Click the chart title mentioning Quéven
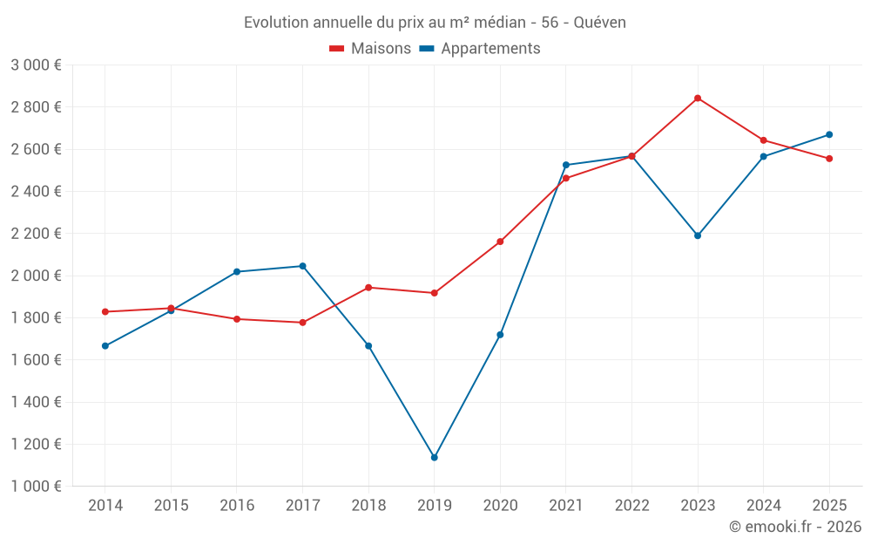click(435, 22)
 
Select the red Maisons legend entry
click(370, 49)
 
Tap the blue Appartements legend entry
click(480, 49)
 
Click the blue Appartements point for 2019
click(434, 458)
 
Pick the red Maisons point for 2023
click(698, 99)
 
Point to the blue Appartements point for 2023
click(698, 235)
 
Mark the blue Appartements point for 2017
click(302, 266)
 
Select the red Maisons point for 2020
click(500, 242)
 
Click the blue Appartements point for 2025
click(829, 134)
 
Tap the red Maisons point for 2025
click(829, 159)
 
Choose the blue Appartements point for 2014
click(105, 346)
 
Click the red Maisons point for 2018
click(368, 288)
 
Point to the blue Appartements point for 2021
click(566, 165)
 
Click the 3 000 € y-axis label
click(36, 65)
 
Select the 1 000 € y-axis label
click(36, 487)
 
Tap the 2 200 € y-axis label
click(36, 234)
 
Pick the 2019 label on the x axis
click(434, 506)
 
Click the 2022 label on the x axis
click(631, 506)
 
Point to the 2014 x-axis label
click(105, 506)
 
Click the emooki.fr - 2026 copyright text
click(795, 527)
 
